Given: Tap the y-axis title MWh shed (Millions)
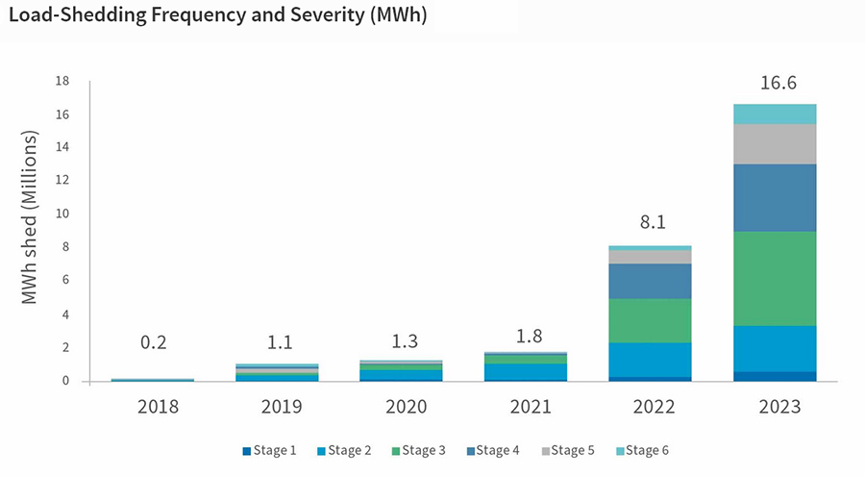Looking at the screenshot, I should click(30, 219).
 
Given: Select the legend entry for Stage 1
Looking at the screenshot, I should click(269, 450).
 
